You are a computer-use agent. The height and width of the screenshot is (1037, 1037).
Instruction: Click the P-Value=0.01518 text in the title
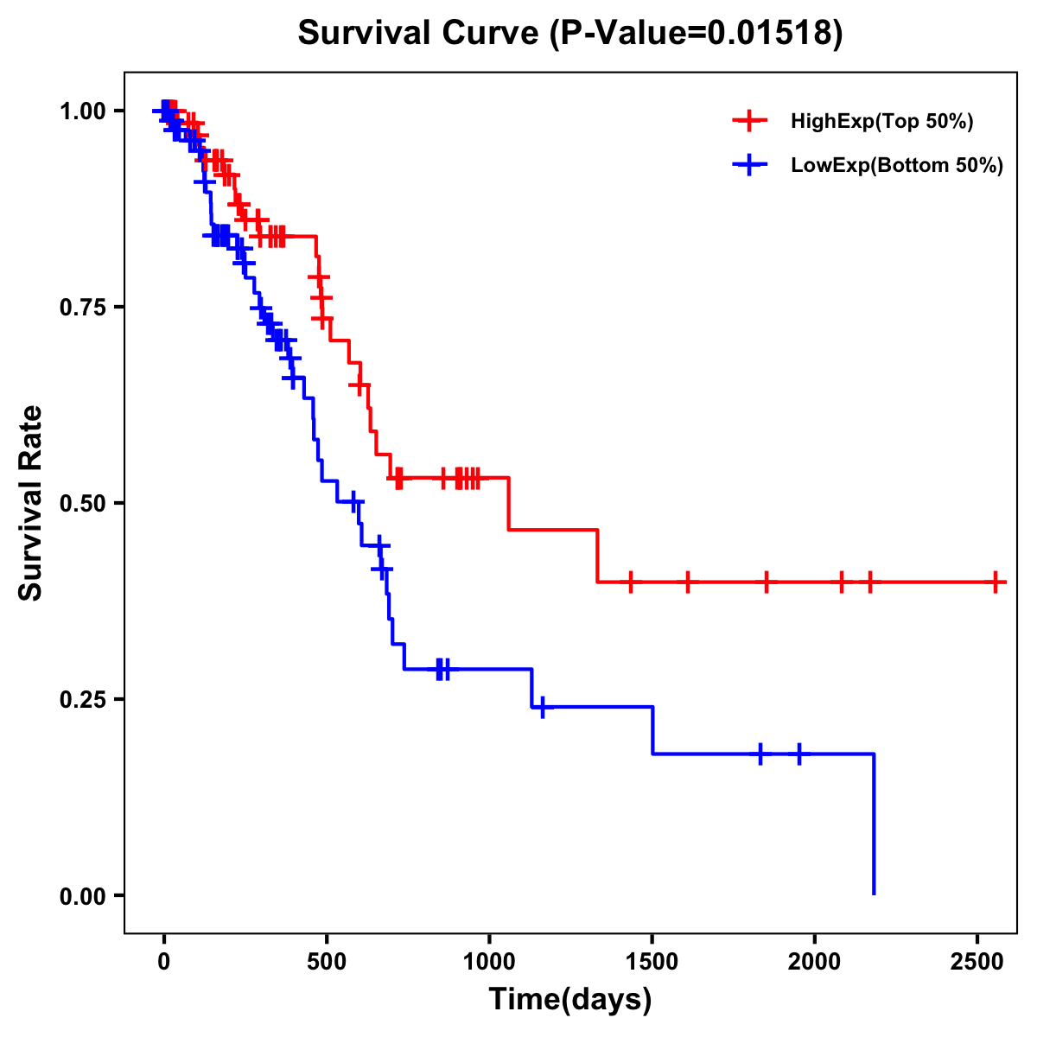pyautogui.click(x=697, y=34)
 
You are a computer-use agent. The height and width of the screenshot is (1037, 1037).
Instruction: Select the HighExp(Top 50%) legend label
pyautogui.click(x=881, y=122)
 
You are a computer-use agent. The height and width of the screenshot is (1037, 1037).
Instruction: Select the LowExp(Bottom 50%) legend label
pyautogui.click(x=896, y=166)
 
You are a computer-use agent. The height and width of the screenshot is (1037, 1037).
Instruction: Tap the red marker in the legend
pyautogui.click(x=749, y=121)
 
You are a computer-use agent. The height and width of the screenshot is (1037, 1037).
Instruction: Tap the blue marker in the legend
pyautogui.click(x=749, y=165)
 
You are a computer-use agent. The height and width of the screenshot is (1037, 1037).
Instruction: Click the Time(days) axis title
pyautogui.click(x=570, y=1000)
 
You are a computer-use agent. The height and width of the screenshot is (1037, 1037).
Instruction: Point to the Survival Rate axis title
pyautogui.click(x=31, y=503)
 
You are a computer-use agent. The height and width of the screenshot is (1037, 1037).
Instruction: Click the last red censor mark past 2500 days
pyautogui.click(x=996, y=582)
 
